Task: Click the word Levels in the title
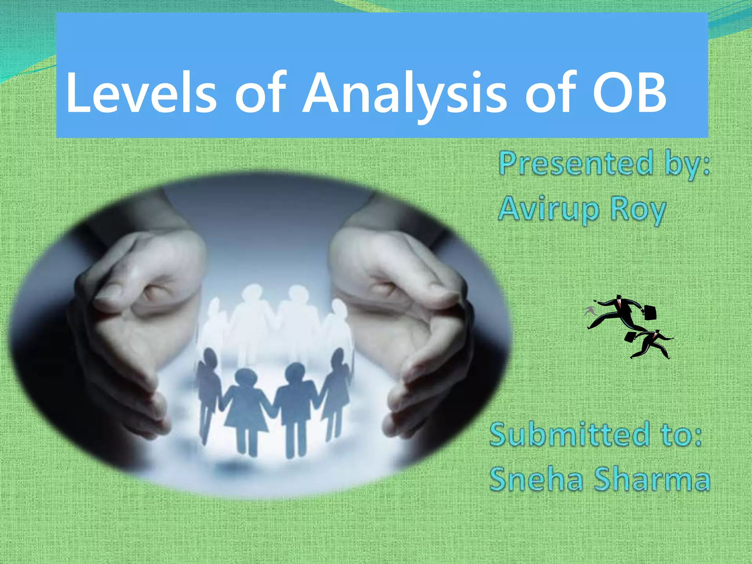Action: (141, 94)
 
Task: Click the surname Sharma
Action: (652, 479)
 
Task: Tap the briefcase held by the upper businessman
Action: (650, 312)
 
